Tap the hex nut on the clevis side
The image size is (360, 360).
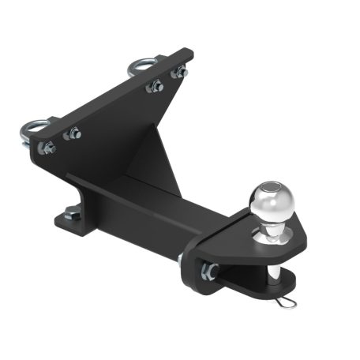[210, 272]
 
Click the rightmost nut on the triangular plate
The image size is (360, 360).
[181, 72]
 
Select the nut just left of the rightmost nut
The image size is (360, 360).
[155, 86]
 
